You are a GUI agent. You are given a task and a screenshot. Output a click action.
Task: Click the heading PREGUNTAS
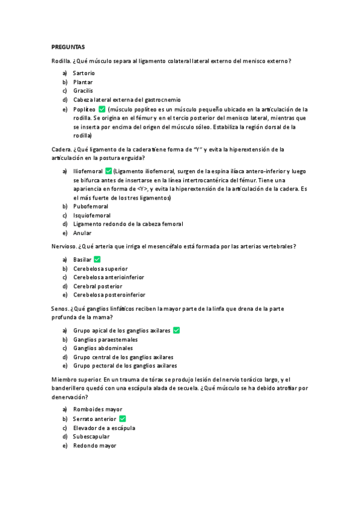point(68,46)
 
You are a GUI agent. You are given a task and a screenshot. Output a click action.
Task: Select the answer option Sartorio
point(84,73)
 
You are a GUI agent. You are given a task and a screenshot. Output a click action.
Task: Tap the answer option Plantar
point(83,82)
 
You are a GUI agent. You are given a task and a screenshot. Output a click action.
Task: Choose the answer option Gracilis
point(83,91)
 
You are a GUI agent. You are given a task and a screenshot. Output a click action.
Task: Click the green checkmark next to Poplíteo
point(102,109)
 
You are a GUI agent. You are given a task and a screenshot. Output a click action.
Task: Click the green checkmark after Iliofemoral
point(108,171)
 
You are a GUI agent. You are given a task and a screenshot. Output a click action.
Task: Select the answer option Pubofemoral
point(91,206)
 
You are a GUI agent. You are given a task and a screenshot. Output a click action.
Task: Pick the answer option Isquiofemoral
point(92,215)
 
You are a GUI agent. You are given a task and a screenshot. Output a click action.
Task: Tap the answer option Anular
point(82,233)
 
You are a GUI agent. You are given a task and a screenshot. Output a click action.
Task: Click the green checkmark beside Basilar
point(97,259)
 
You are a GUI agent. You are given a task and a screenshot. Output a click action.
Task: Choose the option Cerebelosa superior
point(100,268)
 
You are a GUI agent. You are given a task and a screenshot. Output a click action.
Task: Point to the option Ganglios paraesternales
point(105,339)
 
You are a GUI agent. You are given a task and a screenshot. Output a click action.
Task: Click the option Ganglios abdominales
point(103,348)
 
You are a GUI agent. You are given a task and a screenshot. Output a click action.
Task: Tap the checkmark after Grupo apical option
point(177,330)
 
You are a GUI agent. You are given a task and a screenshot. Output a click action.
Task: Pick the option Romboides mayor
point(97,410)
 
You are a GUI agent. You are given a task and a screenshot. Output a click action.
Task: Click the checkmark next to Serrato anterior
point(123,419)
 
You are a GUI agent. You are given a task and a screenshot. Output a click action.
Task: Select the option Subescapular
point(91,437)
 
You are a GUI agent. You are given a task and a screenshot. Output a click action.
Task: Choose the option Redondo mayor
point(95,446)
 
